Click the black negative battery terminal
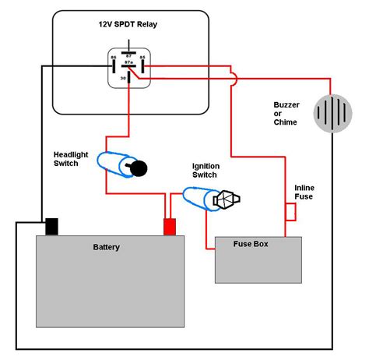tap(51, 226)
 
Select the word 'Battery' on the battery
tap(107, 247)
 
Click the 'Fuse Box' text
tap(251, 244)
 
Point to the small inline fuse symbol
tap(290, 210)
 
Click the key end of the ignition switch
tap(227, 199)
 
